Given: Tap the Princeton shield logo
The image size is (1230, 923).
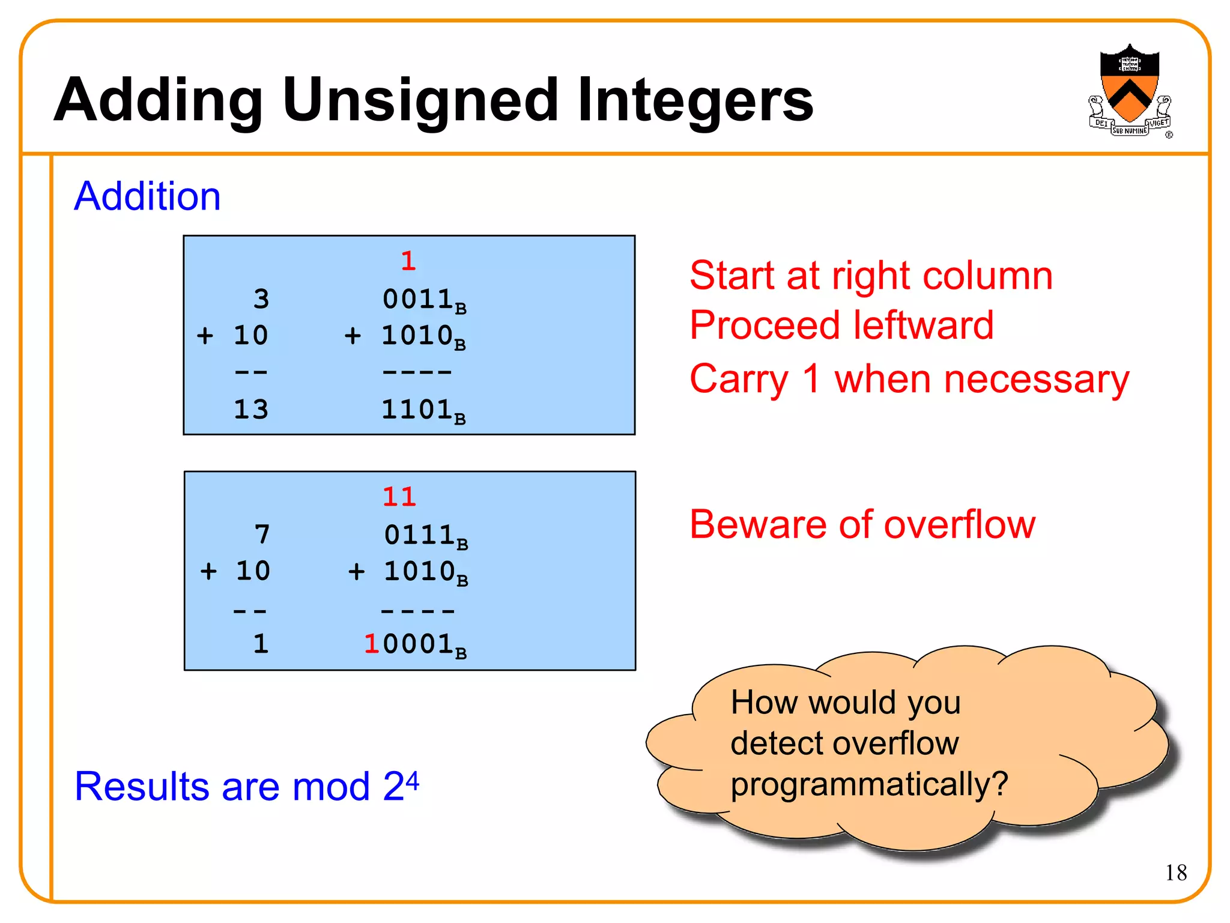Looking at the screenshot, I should click(x=1129, y=90).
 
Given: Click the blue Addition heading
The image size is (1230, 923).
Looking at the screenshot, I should click(x=147, y=196).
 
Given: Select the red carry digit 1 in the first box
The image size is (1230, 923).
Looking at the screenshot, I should click(x=408, y=261).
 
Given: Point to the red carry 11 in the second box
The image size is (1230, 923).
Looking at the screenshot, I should click(x=399, y=497).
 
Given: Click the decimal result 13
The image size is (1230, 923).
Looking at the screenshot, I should click(x=250, y=410).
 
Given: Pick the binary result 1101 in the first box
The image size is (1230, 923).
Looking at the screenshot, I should click(x=417, y=410).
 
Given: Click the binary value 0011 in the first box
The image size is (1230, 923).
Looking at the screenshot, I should click(x=417, y=299).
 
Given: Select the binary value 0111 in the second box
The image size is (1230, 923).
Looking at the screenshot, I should click(x=419, y=535).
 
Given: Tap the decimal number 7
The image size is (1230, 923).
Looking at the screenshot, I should click(x=262, y=534).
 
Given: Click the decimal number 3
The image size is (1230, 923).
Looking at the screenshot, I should click(x=261, y=299).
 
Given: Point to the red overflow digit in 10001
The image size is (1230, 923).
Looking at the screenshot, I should click(x=372, y=644).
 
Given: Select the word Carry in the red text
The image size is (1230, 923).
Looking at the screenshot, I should click(x=739, y=380).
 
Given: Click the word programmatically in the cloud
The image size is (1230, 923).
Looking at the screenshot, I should click(x=868, y=784).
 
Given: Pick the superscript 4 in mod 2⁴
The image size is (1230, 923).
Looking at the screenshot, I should click(x=412, y=779).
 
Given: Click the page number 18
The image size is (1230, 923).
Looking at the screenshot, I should click(x=1176, y=873).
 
